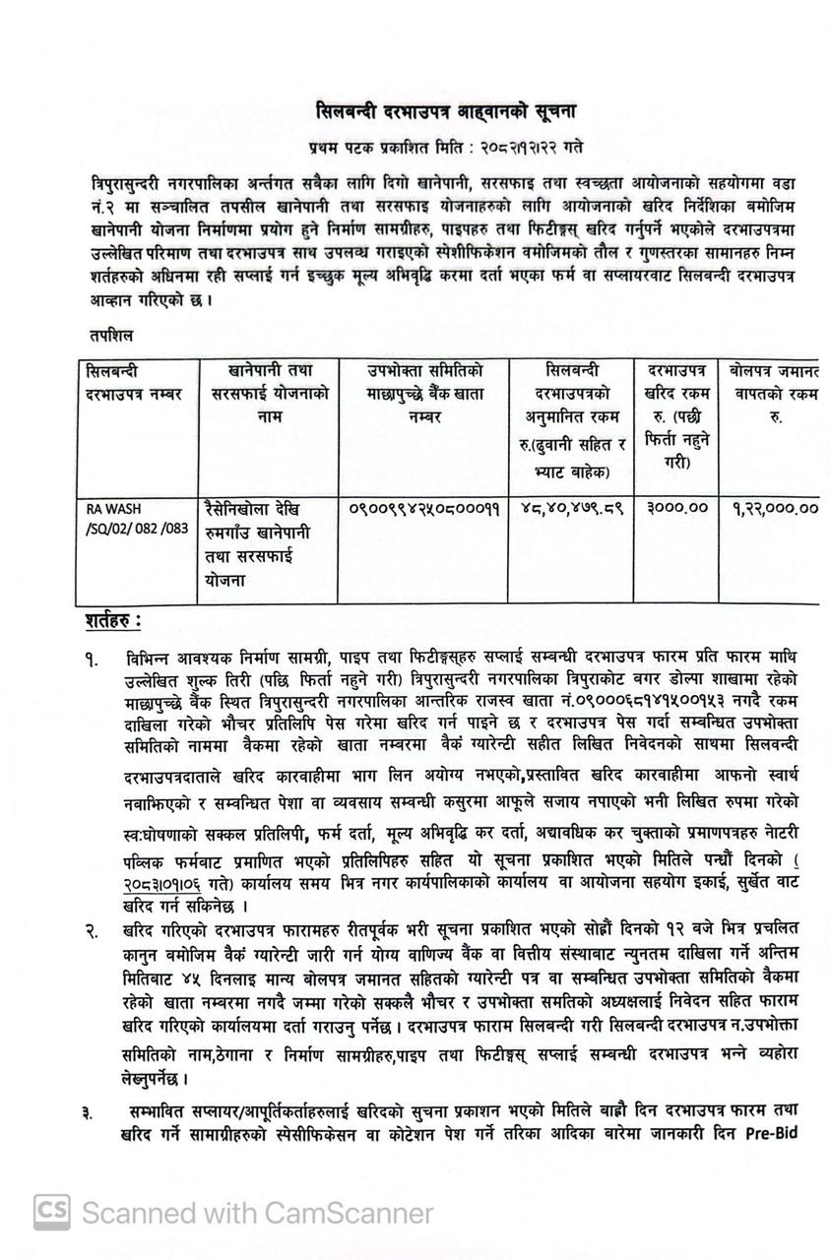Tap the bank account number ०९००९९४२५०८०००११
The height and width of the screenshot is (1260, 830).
click(x=424, y=509)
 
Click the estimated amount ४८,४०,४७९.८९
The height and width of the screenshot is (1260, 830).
click(x=571, y=509)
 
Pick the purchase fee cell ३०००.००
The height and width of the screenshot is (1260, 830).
click(x=676, y=509)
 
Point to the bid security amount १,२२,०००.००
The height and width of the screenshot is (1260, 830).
click(x=776, y=509)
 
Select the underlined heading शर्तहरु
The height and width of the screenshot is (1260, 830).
click(x=112, y=622)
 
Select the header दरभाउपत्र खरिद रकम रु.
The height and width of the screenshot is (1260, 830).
click(x=676, y=414)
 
